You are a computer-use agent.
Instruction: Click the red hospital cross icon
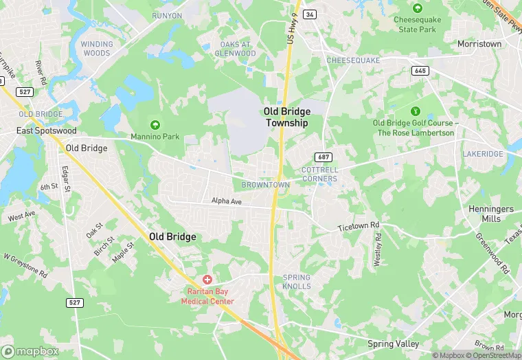(x=207, y=280)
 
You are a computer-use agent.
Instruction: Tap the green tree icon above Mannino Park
(x=155, y=124)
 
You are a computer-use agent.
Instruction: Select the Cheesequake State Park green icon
(x=417, y=8)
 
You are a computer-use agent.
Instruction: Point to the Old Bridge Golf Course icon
(x=415, y=111)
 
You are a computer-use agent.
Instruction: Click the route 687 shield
(x=324, y=157)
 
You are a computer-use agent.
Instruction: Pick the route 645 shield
(x=420, y=71)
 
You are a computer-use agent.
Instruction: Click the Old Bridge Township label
(x=286, y=117)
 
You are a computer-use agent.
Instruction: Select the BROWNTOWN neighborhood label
(x=265, y=185)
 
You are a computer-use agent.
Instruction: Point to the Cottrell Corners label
(x=319, y=174)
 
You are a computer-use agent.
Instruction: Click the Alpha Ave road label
(x=227, y=201)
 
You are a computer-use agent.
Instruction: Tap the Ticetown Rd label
(x=359, y=226)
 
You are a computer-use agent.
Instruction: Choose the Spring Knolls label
(x=297, y=282)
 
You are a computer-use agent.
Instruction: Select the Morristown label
(x=479, y=44)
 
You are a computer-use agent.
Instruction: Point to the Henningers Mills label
(x=491, y=213)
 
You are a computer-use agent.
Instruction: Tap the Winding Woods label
(x=96, y=48)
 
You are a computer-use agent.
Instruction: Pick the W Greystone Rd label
(x=25, y=266)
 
